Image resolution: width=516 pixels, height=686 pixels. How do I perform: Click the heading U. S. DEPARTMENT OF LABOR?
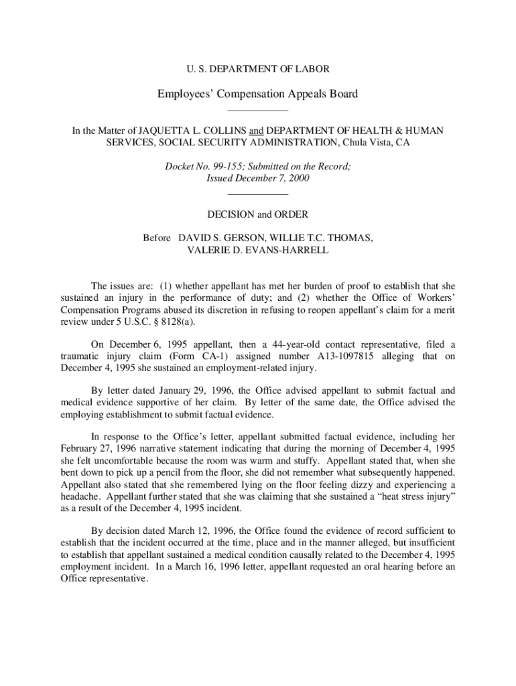point(257,68)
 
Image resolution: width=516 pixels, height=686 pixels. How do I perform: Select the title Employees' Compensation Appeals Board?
point(257,94)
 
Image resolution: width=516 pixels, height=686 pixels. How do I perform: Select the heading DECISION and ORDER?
point(257,214)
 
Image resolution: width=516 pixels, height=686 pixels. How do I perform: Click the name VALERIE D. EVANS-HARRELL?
point(257,250)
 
